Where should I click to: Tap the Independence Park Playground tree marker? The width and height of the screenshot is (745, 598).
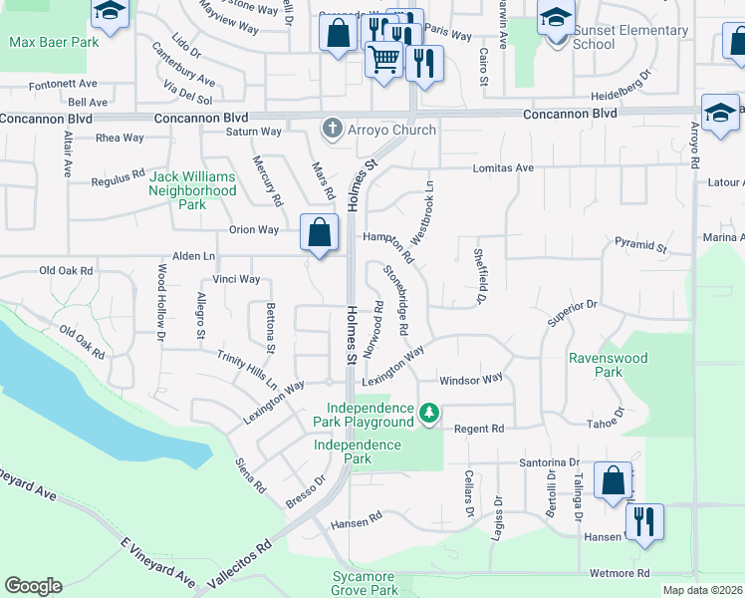429,413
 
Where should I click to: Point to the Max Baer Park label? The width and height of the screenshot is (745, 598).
54,43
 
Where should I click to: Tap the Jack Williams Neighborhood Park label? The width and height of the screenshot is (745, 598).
192,189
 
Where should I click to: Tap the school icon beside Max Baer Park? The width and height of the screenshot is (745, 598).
111,13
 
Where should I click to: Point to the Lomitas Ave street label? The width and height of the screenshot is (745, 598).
503,168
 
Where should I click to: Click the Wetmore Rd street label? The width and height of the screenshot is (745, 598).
619,573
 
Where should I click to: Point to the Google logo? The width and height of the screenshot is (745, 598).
33,586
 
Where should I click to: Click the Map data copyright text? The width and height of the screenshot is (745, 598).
702,590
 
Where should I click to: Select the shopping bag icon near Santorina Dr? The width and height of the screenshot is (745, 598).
613,480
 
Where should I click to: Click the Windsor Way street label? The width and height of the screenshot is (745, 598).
471,380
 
